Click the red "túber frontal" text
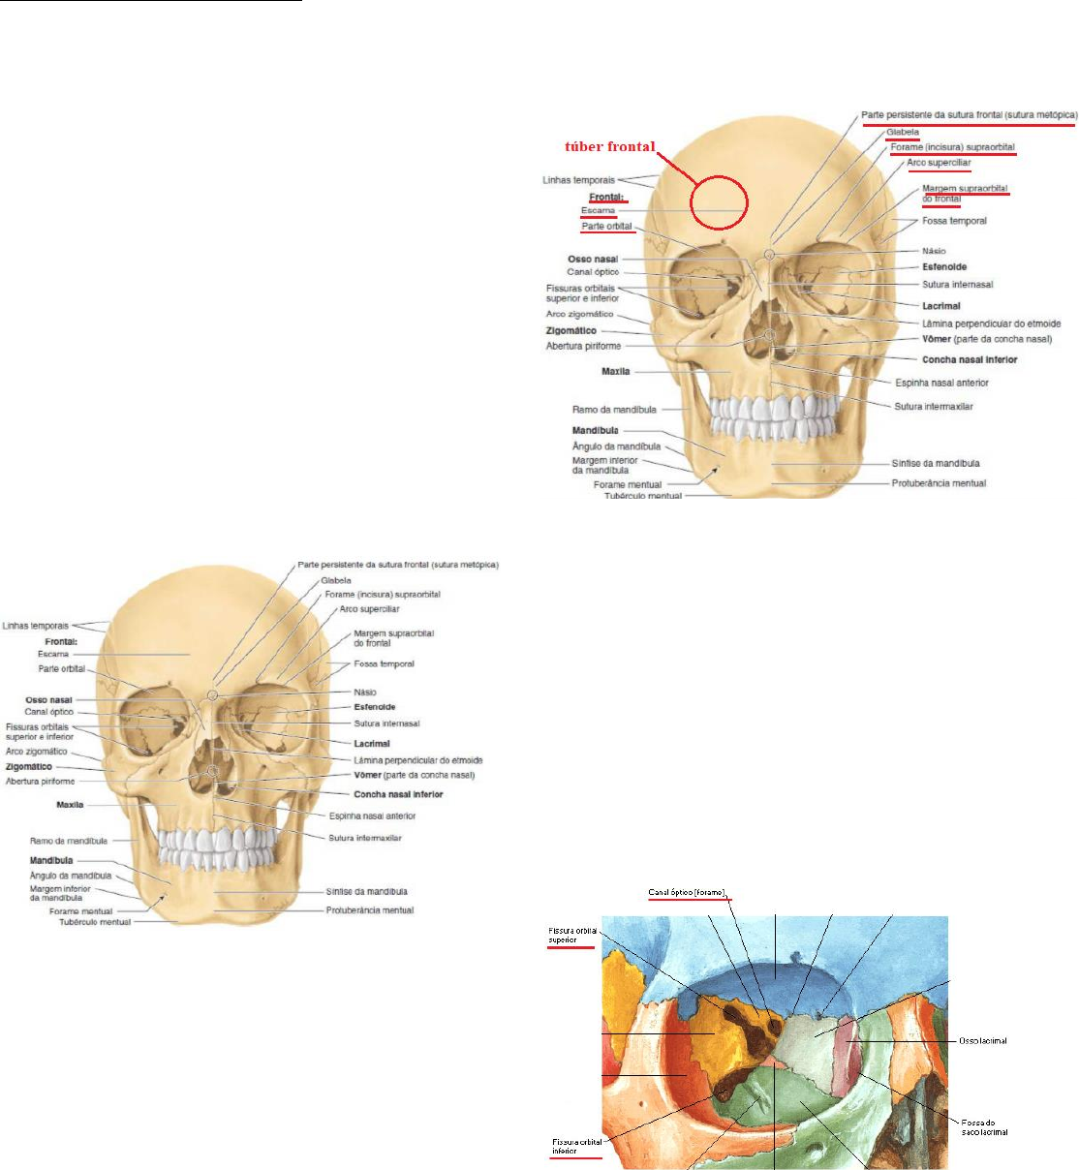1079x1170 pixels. [x=610, y=147]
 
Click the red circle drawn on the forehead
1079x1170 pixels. [x=719, y=202]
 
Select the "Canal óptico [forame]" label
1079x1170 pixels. [x=687, y=892]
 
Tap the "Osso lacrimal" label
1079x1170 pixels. [x=983, y=1041]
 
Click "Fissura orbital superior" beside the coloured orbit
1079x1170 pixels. [x=572, y=935]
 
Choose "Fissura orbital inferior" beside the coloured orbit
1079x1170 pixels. [x=577, y=1147]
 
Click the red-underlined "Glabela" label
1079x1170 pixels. [x=903, y=133]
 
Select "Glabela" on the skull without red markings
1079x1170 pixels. [x=336, y=581]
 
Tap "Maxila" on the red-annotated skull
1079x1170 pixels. [x=616, y=371]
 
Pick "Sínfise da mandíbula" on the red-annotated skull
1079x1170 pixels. [x=936, y=463]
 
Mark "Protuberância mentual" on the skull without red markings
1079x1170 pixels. [x=370, y=910]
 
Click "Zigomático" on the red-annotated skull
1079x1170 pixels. [x=571, y=330]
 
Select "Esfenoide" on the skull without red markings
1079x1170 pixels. [x=375, y=707]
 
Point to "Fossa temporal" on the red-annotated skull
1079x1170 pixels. [x=954, y=221]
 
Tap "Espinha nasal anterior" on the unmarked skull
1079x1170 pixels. [x=372, y=816]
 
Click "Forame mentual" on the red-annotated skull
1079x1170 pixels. [x=628, y=484]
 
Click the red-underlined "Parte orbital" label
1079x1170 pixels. [x=607, y=227]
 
